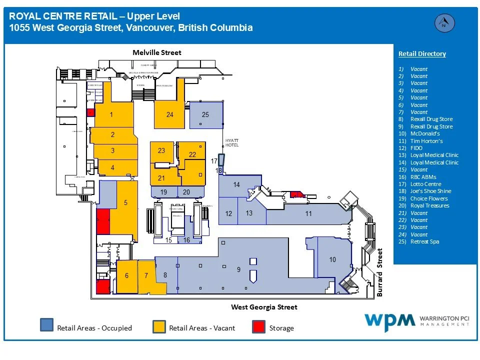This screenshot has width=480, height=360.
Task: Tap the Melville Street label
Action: click(157, 52)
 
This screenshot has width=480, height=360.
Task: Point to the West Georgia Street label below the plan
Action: click(264, 307)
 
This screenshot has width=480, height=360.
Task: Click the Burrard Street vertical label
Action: click(380, 272)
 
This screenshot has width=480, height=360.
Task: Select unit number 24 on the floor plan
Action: click(170, 114)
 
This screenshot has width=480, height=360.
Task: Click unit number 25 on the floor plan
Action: click(205, 114)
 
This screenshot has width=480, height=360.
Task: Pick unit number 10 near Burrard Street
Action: click(332, 259)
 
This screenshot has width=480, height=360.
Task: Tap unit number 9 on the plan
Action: click(238, 270)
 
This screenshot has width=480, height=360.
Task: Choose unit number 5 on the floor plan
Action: click(126, 202)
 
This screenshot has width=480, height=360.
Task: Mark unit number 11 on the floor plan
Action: click(308, 213)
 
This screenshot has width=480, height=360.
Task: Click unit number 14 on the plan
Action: click(236, 184)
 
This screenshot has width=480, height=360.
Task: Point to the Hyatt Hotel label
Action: click(232, 142)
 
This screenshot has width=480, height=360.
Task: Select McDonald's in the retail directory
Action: click(425, 133)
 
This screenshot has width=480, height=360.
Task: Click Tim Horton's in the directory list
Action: click(426, 141)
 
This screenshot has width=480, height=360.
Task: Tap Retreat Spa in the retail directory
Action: click(424, 241)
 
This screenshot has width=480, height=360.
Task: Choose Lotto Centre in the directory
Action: click(425, 184)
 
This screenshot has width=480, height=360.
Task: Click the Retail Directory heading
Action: click(422, 54)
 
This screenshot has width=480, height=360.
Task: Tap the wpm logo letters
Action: click(389, 320)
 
